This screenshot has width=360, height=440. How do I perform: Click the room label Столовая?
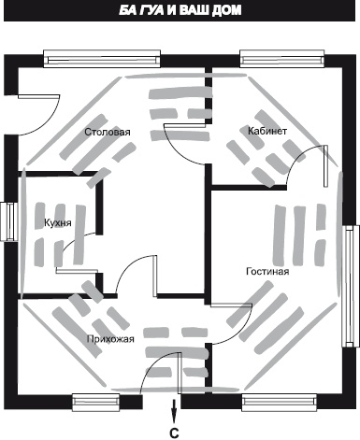coord(108,132)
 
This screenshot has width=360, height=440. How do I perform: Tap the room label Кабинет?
coord(267,131)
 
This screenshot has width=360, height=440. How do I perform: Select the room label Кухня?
coord(58,223)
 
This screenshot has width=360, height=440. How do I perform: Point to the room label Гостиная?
coord(267,271)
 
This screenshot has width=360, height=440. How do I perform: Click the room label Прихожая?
coord(110,339)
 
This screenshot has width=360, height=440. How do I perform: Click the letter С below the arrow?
coord(174,433)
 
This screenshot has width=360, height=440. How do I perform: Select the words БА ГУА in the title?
coord(141,10)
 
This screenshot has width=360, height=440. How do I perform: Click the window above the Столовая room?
coord(102,59)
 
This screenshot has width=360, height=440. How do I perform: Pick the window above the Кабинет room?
coord(282,59)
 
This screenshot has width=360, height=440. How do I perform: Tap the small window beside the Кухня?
coord(8,221)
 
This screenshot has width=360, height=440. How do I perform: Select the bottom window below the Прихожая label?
coord(96,403)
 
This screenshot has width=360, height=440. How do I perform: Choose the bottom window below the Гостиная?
coord(280,403)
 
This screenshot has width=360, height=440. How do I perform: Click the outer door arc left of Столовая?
coord(49,124)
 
